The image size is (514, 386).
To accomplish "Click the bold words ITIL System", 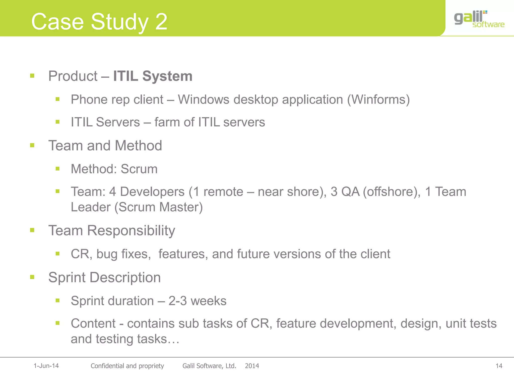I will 153,76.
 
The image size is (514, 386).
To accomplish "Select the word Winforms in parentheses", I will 378,100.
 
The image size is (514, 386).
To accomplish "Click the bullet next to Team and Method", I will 32,145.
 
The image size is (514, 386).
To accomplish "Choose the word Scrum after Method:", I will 139,169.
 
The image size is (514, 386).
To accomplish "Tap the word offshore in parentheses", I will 392,192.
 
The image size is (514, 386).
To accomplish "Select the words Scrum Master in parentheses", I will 159,207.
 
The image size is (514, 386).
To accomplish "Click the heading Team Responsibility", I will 112,230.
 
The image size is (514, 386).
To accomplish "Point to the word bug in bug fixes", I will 107,254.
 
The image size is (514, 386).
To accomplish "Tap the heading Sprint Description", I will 104,277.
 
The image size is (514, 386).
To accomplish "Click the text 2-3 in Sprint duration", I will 177,301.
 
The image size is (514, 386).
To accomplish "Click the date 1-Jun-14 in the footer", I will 46,366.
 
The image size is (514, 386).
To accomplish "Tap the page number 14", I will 499,366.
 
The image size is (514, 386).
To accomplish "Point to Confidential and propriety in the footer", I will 127,366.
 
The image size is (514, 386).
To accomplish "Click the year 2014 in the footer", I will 252,366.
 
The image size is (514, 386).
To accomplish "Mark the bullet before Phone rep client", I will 57,99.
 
